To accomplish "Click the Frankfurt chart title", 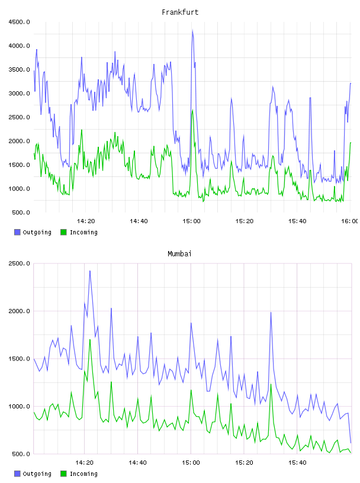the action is click(180, 12).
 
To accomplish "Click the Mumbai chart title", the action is click(179, 254).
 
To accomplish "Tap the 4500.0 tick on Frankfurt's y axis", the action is click(20, 22).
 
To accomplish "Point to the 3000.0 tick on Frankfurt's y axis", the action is click(20, 94).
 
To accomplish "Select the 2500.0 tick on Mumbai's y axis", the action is click(20, 263).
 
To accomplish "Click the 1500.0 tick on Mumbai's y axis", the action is click(20, 359).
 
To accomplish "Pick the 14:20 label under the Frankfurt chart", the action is click(86, 221).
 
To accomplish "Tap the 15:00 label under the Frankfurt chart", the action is click(191, 221).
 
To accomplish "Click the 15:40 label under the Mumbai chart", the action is click(297, 462).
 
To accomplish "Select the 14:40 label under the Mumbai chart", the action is click(138, 462).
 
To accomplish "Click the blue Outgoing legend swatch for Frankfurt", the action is click(17, 232).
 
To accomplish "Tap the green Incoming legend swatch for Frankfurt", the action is click(63, 232).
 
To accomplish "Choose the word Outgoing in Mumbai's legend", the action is click(37, 474).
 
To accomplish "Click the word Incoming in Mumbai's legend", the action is click(83, 474).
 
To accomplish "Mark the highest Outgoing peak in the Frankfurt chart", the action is click(192, 30).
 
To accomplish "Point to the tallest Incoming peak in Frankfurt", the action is click(192, 110).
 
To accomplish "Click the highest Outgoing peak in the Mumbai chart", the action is click(90, 271).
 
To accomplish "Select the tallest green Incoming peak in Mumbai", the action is click(90, 339).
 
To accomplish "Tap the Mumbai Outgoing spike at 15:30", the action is click(271, 313).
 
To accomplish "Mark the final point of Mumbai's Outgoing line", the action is click(351, 443).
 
